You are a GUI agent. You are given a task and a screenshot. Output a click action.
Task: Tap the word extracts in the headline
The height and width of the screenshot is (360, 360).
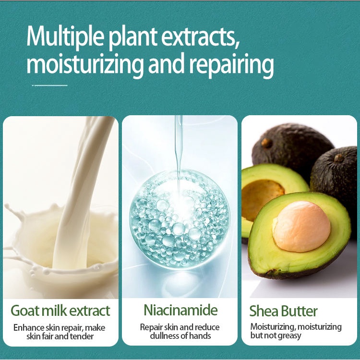201,37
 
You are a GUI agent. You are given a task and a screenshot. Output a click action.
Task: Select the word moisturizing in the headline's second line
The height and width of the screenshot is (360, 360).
84,65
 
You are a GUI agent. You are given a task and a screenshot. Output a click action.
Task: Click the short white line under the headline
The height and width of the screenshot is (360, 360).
49,85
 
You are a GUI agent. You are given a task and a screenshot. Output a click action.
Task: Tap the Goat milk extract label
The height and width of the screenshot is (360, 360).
60,311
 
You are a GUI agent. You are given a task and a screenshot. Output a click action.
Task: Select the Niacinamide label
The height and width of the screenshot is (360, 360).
180,310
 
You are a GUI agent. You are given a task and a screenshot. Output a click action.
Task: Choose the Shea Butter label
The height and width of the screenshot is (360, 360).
283,311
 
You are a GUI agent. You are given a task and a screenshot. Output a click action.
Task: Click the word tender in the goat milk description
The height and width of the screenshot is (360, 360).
82,336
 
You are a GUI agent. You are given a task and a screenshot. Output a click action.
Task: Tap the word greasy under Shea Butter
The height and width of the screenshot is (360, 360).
289,336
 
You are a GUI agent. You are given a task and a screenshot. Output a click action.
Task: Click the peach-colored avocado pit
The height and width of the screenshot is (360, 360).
301,227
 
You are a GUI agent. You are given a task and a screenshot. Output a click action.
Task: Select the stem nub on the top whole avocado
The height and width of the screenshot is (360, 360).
266,143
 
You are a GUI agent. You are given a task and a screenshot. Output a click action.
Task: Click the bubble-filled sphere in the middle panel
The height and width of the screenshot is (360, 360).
180,220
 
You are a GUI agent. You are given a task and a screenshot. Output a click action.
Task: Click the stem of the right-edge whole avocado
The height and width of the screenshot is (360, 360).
339,158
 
